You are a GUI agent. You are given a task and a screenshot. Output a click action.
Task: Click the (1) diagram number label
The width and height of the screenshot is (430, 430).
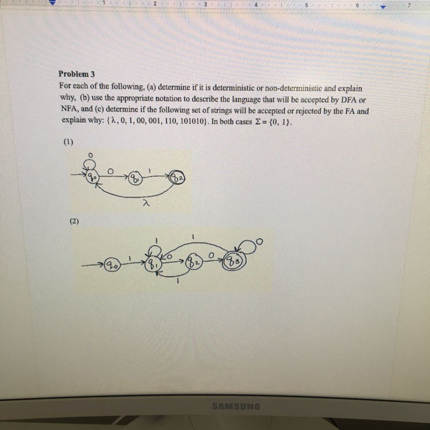click(x=68, y=142)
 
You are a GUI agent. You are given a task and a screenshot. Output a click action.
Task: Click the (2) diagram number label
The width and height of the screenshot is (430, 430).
click(x=74, y=221)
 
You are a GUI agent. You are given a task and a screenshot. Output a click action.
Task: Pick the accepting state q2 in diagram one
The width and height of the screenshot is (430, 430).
click(x=177, y=178)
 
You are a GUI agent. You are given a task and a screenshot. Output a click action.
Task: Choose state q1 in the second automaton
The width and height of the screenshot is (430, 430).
click(x=151, y=265)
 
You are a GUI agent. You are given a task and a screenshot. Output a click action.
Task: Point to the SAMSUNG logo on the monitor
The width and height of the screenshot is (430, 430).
click(x=236, y=406)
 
